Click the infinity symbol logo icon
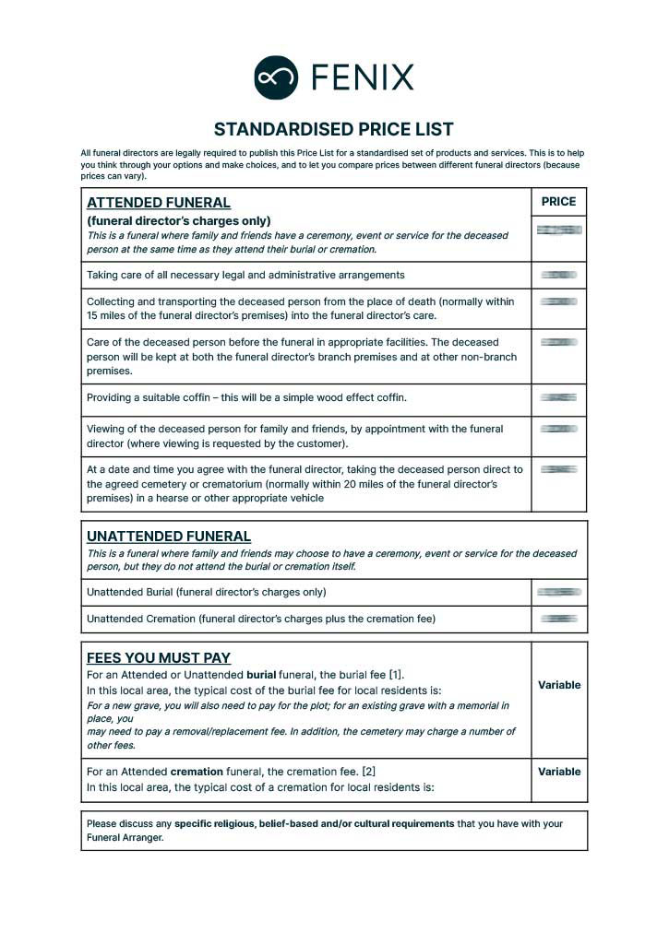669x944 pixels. tap(276, 77)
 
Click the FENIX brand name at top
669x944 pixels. tap(363, 77)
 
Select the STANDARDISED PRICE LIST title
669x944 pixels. tap(334, 129)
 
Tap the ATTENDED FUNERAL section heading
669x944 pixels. tap(159, 203)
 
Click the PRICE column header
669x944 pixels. tap(558, 202)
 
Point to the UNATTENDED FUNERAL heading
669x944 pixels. tap(169, 536)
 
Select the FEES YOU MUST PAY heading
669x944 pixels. tap(159, 657)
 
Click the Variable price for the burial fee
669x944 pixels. tap(559, 685)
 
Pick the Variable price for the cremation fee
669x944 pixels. tap(559, 772)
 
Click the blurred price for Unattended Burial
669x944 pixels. tap(559, 592)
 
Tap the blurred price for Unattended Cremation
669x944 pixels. tap(559, 619)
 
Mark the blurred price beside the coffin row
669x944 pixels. tap(559, 397)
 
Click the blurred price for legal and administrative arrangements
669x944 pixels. tap(559, 275)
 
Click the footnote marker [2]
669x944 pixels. tap(368, 772)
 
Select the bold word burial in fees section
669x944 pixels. tap(263, 675)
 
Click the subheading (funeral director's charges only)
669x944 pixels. tap(179, 220)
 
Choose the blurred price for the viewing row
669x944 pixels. tap(559, 429)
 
